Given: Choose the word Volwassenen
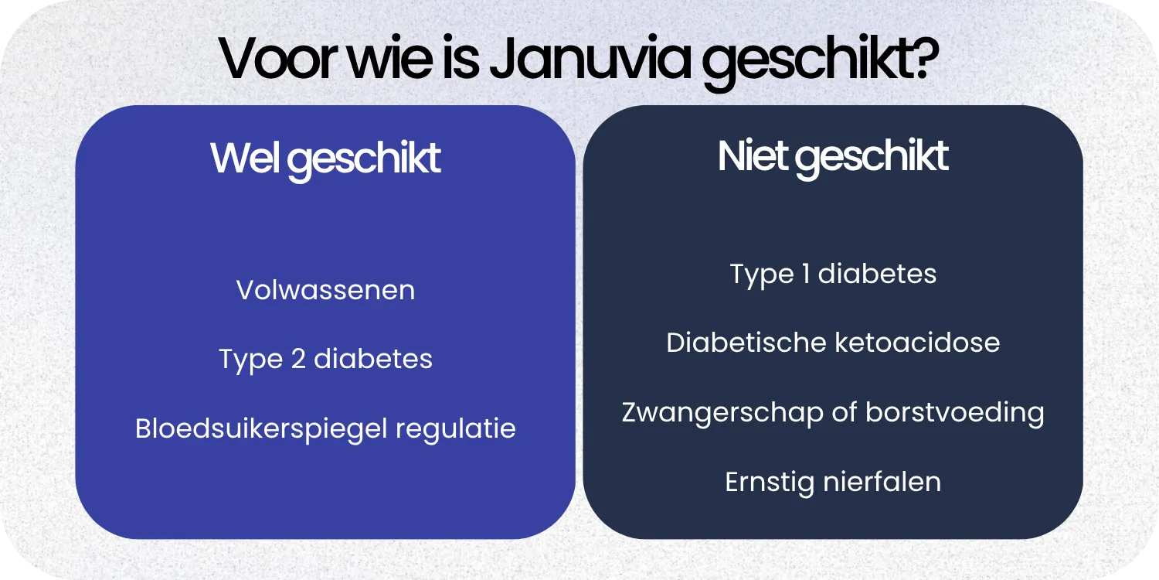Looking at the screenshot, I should (325, 290).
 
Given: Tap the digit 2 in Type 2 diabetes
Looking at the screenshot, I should (298, 359).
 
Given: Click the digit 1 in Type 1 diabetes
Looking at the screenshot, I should (806, 274).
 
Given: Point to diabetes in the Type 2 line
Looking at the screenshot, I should (372, 359).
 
